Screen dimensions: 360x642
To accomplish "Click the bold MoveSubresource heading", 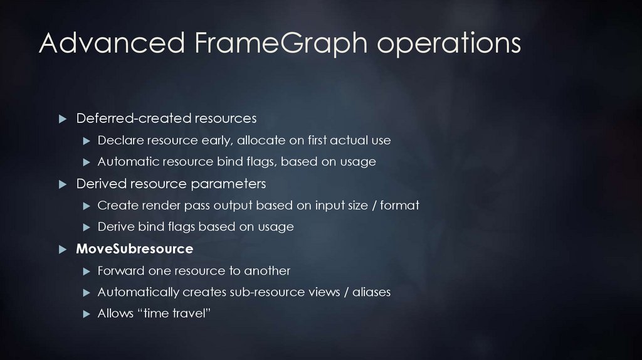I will coord(134,249).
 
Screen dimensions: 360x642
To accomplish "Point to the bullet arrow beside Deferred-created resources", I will coord(62,119).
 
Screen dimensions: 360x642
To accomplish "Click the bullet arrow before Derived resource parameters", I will coord(62,184).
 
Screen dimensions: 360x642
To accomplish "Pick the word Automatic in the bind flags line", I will coord(128,162).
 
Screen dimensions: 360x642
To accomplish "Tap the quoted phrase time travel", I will coord(170,314).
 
